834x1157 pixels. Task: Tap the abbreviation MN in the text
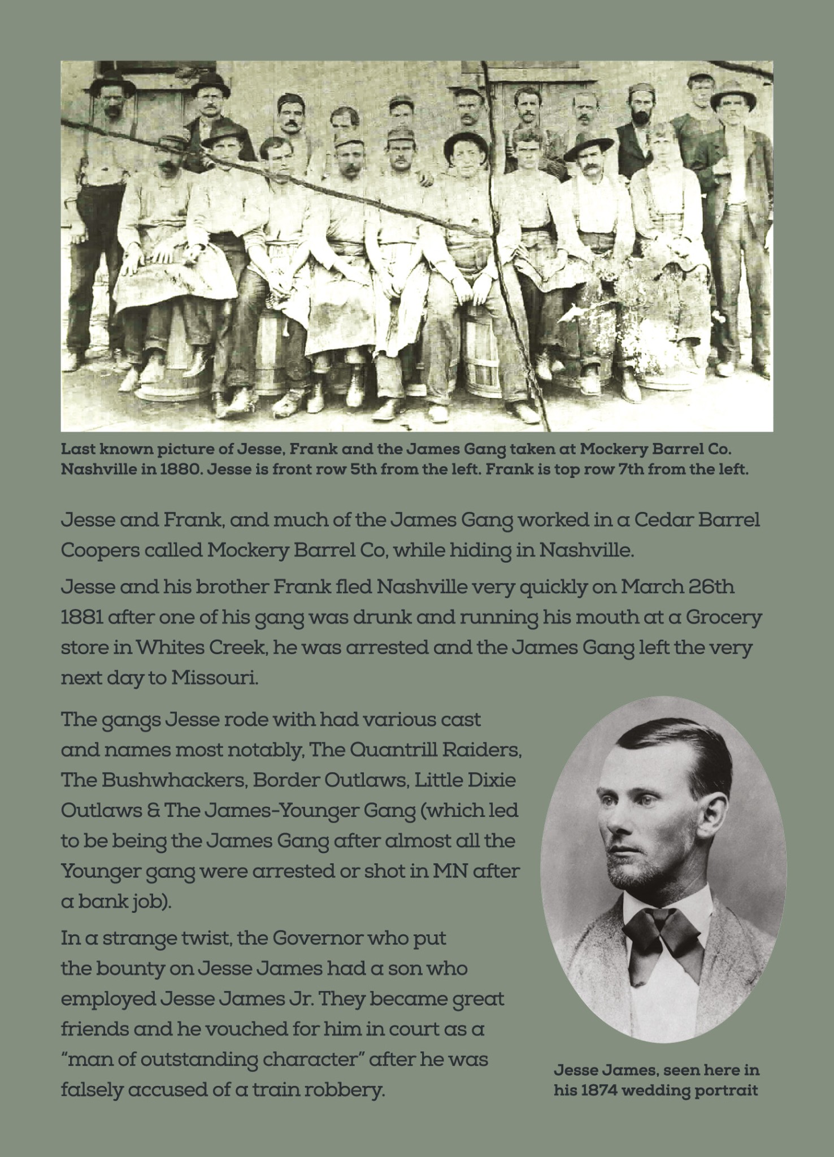[433, 871]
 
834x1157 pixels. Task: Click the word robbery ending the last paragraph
[345, 1090]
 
